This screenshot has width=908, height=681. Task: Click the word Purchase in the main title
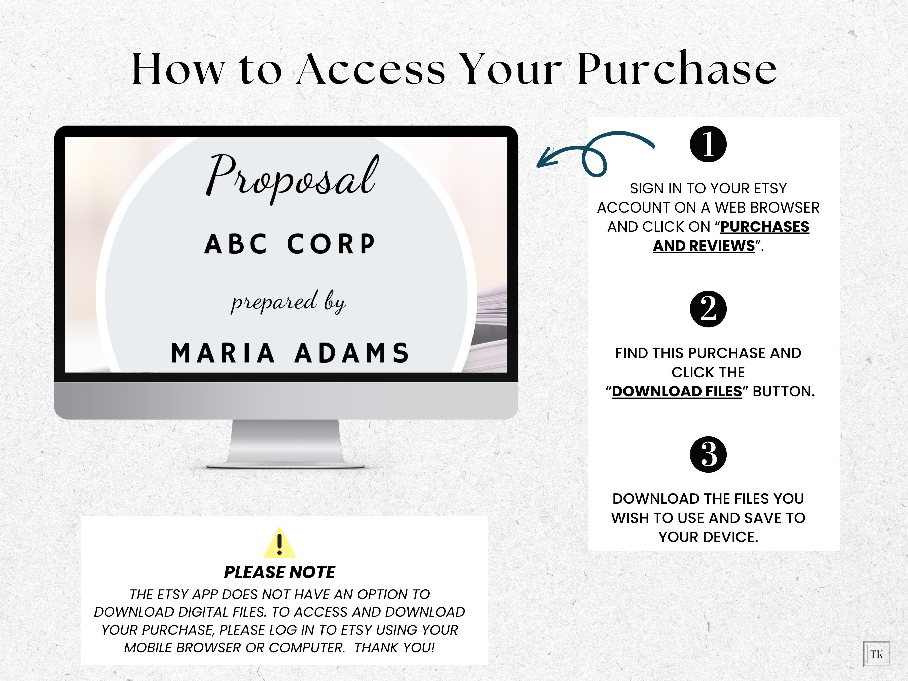pyautogui.click(x=677, y=69)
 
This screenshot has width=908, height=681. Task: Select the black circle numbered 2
pyautogui.click(x=708, y=309)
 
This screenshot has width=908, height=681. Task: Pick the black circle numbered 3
pyautogui.click(x=708, y=454)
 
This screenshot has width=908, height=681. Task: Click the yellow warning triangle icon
pyautogui.click(x=279, y=543)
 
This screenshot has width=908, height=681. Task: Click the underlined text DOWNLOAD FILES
pyautogui.click(x=677, y=391)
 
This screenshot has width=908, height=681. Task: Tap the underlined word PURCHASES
pyautogui.click(x=765, y=227)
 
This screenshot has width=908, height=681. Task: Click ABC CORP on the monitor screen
pyautogui.click(x=290, y=244)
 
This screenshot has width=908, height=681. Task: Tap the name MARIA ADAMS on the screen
pyautogui.click(x=290, y=353)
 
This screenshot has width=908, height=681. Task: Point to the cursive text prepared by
pyautogui.click(x=289, y=302)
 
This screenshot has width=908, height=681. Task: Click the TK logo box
pyautogui.click(x=876, y=654)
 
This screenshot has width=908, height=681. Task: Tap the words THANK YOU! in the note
pyautogui.click(x=394, y=648)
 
